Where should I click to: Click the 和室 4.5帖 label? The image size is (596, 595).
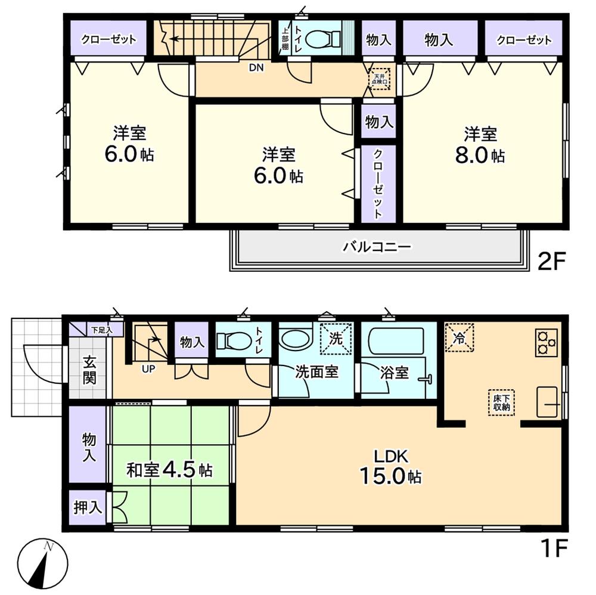coord(169,470)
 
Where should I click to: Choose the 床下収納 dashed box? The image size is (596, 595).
coord(501,402)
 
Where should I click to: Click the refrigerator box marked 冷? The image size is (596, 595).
coord(460,337)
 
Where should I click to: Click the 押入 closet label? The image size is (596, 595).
coord(88,508)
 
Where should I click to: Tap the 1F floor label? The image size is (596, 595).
coord(552,547)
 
